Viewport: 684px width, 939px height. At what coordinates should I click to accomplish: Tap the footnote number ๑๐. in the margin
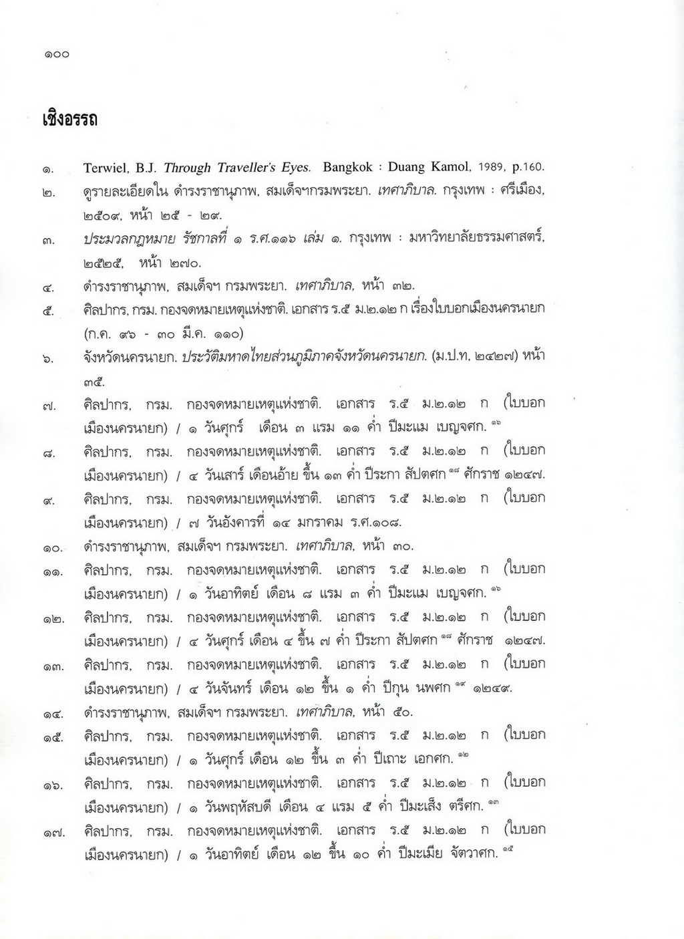tap(53, 549)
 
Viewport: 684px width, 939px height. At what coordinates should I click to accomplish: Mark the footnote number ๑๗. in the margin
tap(53, 833)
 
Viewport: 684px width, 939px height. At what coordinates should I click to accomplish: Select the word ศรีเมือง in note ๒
tap(522, 191)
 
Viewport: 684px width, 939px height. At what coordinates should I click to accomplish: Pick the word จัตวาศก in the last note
tap(475, 853)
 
